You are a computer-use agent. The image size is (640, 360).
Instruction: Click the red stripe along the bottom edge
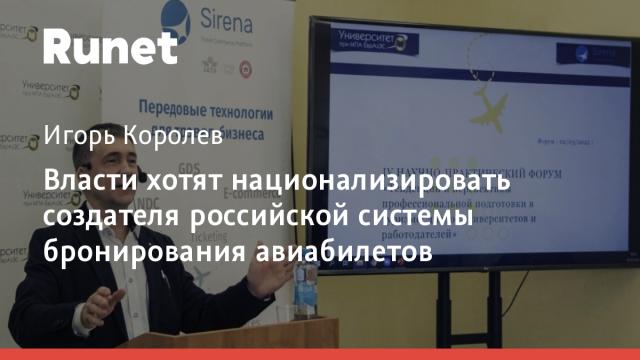(x=320, y=354)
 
